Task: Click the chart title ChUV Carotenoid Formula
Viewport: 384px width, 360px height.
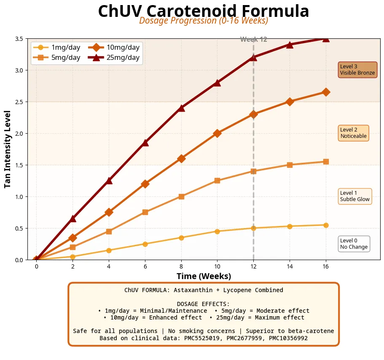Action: pos(204,11)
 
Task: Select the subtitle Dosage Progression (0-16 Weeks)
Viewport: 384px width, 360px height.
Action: pos(204,21)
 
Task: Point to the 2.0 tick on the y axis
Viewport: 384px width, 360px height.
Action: pos(19,133)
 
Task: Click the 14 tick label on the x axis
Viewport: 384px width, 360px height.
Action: pos(290,266)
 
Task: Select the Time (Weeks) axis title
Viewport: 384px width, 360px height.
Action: pos(204,277)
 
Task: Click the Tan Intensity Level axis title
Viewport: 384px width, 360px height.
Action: pos(8,149)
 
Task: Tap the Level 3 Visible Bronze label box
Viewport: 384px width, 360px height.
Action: pos(357,70)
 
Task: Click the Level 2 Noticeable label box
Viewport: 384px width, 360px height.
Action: pos(353,133)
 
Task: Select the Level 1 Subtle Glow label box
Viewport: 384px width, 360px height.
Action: pos(355,196)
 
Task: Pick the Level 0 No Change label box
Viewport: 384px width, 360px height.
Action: pos(354,244)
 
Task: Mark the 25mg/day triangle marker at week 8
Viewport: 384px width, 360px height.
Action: pos(181,108)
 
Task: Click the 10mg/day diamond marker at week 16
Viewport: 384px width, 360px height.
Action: pos(326,92)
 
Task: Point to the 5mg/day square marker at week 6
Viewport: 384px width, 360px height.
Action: pos(145,212)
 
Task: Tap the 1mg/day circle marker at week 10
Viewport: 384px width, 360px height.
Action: pos(217,231)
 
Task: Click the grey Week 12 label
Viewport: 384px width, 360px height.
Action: pos(253,40)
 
